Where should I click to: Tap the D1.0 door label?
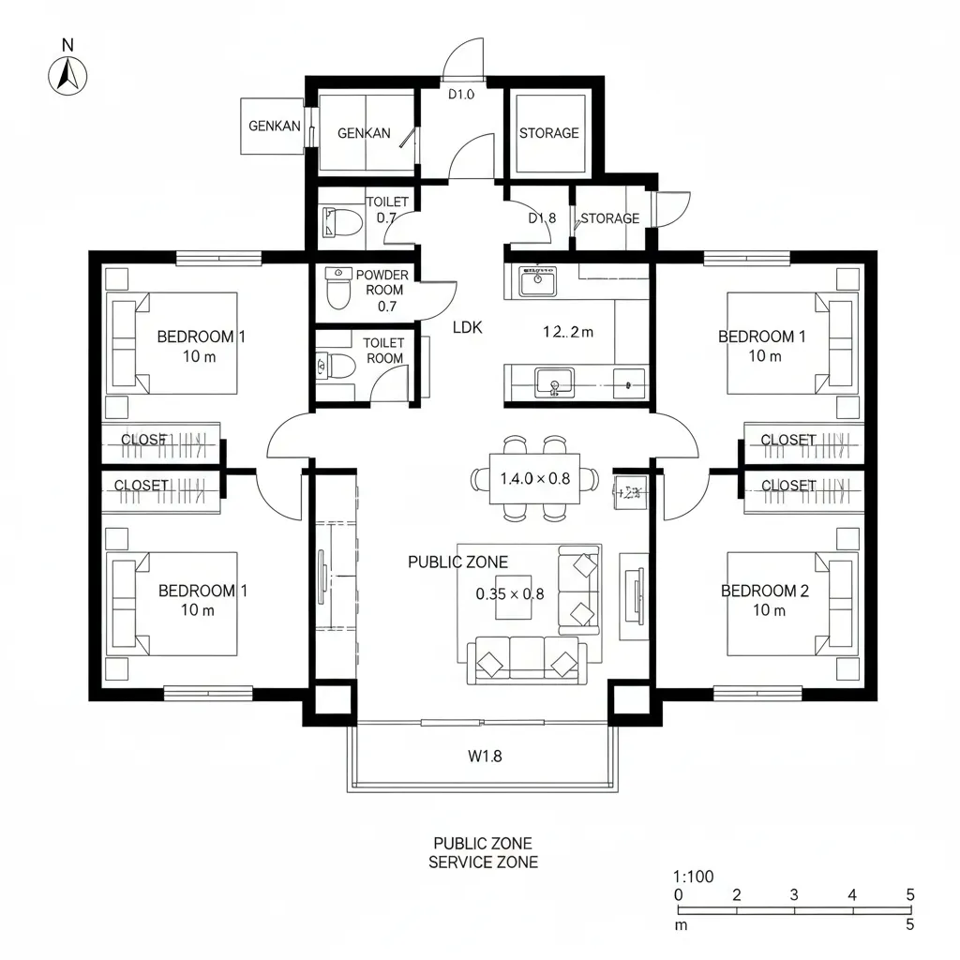(461, 94)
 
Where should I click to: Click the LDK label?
(467, 327)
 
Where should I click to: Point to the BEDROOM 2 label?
(765, 591)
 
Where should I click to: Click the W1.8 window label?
(485, 756)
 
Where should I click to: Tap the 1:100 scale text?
(694, 877)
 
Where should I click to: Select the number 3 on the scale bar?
(794, 894)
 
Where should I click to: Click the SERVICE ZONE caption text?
(483, 862)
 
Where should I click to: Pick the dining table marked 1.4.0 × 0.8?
(534, 478)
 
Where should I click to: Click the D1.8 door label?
(542, 218)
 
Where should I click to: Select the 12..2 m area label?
(568, 330)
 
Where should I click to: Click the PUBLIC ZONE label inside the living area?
(457, 562)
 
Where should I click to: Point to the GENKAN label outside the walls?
(274, 126)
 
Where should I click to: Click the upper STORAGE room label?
(548, 133)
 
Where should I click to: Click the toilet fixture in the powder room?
(337, 292)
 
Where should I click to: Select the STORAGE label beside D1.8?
(609, 218)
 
